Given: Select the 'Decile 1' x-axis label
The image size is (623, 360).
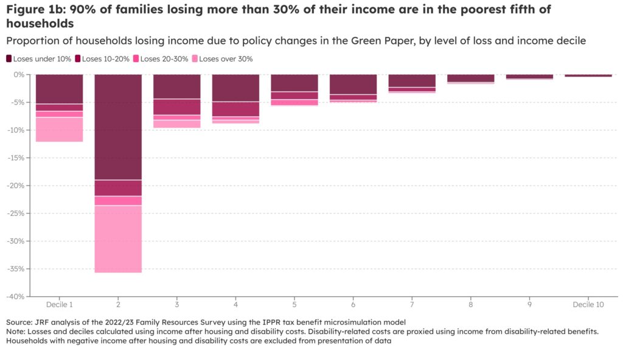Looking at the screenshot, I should [59, 304].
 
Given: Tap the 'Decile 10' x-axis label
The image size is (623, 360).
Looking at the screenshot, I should [588, 304].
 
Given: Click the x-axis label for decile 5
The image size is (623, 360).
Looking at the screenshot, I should [294, 304].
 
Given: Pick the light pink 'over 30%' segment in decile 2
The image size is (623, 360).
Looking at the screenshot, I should [118, 239].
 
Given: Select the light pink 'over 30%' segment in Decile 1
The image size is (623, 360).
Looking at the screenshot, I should [59, 129].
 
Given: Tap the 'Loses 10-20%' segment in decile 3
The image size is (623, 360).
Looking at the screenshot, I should [177, 106].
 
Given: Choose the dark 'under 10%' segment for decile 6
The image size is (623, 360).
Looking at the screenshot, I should [353, 84].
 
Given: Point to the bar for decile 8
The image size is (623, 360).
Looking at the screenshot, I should [471, 78].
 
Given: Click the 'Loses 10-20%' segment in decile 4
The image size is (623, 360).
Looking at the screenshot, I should [235, 109].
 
